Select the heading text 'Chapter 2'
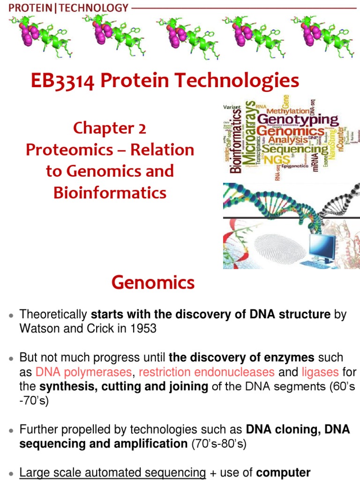pyautogui.click(x=109, y=128)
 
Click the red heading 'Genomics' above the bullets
pyautogui.click(x=153, y=283)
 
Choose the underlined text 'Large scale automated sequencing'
pyautogui.click(x=112, y=473)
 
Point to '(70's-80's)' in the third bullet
pyautogui.click(x=218, y=443)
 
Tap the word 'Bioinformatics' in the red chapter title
pyautogui.click(x=110, y=192)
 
